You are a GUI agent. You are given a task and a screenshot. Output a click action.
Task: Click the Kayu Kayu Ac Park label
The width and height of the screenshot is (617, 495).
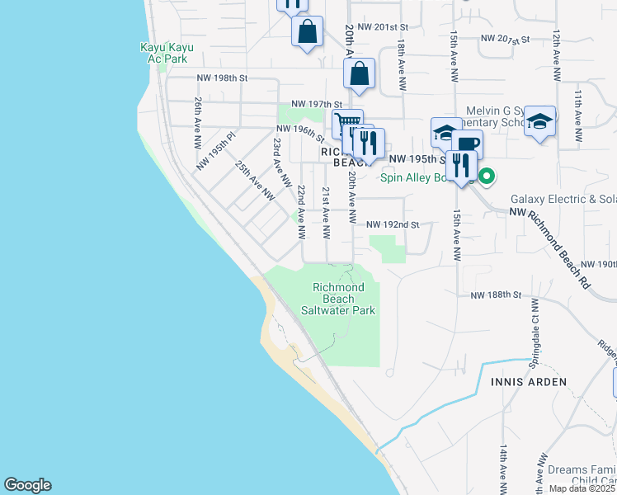point(167,53)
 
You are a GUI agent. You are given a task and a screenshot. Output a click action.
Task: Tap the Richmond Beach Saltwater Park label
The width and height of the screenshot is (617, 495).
point(344,299)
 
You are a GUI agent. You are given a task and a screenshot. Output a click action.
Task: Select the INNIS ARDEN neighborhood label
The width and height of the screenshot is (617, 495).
point(529,382)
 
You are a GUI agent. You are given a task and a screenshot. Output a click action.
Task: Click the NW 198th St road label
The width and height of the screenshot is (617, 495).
point(222,78)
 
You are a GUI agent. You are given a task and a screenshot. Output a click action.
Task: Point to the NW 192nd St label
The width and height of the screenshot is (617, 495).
point(393,224)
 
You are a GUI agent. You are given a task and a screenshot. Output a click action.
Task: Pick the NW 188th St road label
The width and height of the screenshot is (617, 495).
point(497,295)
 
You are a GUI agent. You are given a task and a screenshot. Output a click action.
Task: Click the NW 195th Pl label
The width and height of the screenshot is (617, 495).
point(217,150)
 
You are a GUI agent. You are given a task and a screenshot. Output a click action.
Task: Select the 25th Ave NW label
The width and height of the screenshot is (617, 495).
point(254,181)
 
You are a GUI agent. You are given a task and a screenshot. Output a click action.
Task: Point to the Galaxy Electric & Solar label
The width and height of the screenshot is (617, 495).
point(563,199)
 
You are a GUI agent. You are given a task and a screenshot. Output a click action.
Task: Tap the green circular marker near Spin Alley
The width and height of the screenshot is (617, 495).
point(487,175)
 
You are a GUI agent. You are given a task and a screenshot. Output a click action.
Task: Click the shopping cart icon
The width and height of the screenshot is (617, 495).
point(347,124)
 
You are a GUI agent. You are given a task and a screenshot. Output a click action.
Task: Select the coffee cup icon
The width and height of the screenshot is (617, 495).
point(467,144)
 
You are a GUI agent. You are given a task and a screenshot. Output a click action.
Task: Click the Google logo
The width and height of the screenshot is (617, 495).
point(27,485)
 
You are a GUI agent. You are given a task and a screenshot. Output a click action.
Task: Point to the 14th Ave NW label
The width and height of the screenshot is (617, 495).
point(502,467)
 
